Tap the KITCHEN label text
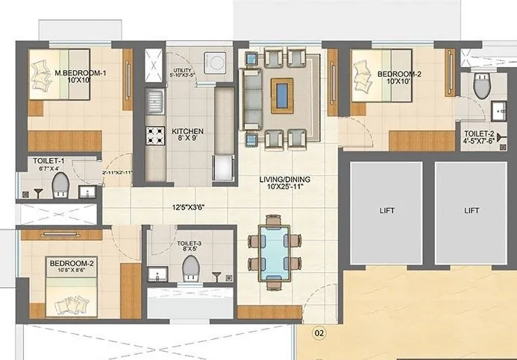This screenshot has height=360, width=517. (x=187, y=132)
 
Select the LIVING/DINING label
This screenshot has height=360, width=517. (x=286, y=180)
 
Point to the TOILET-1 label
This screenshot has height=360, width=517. (x=48, y=161)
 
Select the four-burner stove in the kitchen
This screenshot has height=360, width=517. (x=154, y=135)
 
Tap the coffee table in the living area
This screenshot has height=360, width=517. (x=283, y=95)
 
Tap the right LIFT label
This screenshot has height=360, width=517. (x=471, y=211)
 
